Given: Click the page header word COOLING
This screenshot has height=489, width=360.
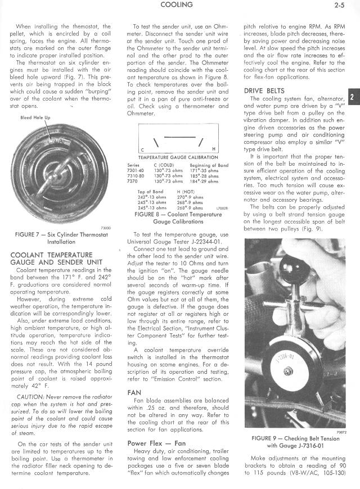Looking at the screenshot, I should (176, 5).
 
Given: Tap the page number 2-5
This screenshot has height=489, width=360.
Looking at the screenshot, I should (339, 6).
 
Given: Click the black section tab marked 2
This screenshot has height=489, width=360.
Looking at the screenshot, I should (354, 96).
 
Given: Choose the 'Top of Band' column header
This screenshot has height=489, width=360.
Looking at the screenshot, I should (150, 192).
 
